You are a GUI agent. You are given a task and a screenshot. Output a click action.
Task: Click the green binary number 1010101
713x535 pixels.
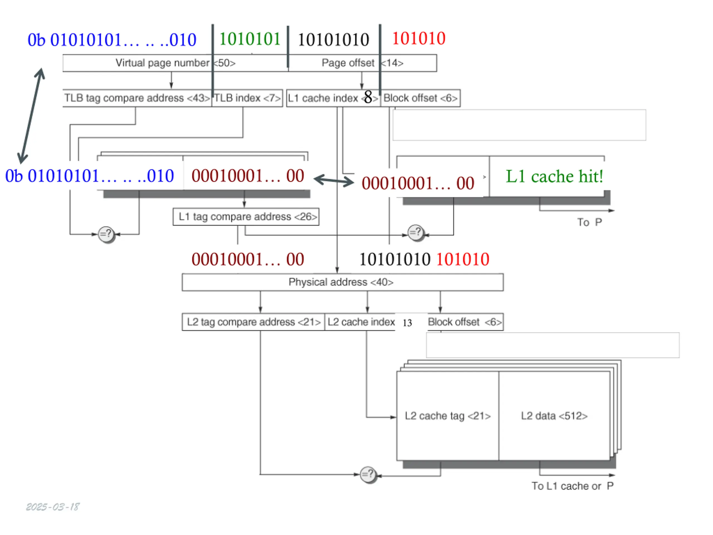[x=250, y=39]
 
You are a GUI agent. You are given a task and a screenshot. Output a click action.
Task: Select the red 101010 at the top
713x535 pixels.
[x=419, y=38]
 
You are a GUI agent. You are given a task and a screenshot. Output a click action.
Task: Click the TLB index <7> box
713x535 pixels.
[x=247, y=98]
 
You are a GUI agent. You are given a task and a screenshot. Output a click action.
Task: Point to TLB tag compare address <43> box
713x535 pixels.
[x=137, y=98]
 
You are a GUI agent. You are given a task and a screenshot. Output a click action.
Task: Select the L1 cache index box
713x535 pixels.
[x=333, y=98]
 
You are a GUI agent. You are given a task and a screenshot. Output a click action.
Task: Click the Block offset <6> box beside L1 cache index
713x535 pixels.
[x=420, y=98]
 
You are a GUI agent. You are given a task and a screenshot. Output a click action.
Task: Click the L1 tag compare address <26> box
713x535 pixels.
[x=246, y=217]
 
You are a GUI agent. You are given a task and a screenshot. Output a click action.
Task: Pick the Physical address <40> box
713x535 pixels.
[x=343, y=282]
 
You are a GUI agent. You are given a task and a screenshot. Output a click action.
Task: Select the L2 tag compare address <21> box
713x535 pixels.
[x=253, y=322]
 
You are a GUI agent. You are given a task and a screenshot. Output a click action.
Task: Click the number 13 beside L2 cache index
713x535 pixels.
[x=407, y=323]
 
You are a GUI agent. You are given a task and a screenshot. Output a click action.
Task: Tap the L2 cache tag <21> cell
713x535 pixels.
[x=448, y=416]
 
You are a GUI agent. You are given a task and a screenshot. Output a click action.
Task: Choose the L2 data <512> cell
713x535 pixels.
[x=554, y=416]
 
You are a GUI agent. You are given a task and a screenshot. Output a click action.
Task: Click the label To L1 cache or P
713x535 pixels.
[x=572, y=486]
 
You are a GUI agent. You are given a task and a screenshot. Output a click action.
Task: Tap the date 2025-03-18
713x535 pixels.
[x=53, y=507]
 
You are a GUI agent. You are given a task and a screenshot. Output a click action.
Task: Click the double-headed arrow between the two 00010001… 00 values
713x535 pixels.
[x=334, y=181]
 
